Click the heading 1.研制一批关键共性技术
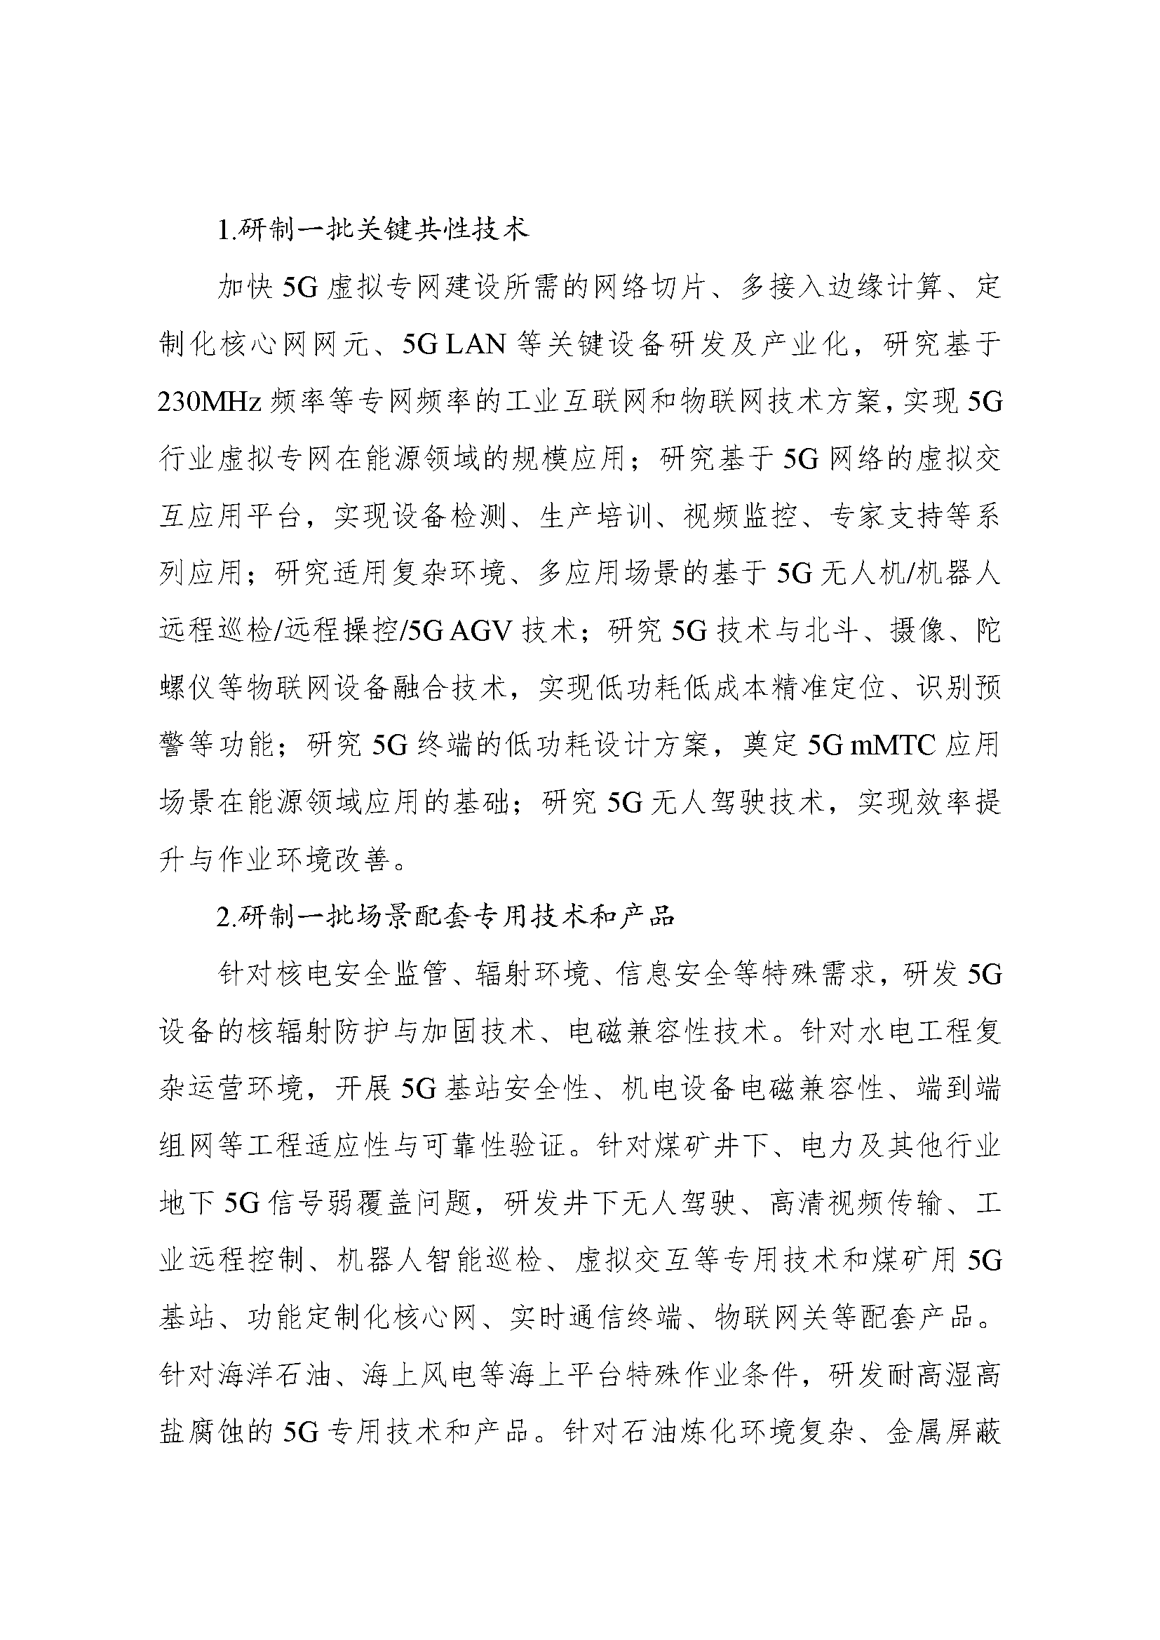point(373,231)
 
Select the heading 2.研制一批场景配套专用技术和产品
point(445,916)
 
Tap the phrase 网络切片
point(649,288)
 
